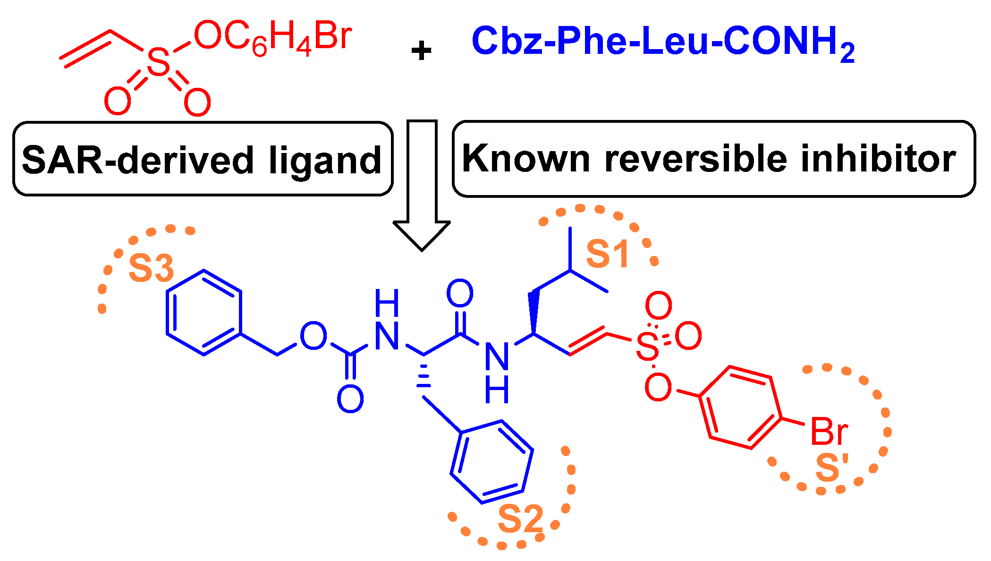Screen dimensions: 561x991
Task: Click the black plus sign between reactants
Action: pos(421,51)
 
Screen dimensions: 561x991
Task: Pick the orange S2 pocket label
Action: pos(520,519)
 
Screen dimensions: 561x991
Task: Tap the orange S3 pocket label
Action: pos(151,268)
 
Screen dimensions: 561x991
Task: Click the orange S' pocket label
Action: pos(832,468)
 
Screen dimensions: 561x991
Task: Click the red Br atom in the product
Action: pos(829,432)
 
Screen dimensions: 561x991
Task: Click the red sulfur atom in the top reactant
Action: pos(158,63)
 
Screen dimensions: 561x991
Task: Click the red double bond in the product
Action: pos(588,341)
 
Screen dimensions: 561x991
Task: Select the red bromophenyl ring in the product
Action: pos(740,407)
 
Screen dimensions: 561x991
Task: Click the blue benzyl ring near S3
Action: pos(204,313)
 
